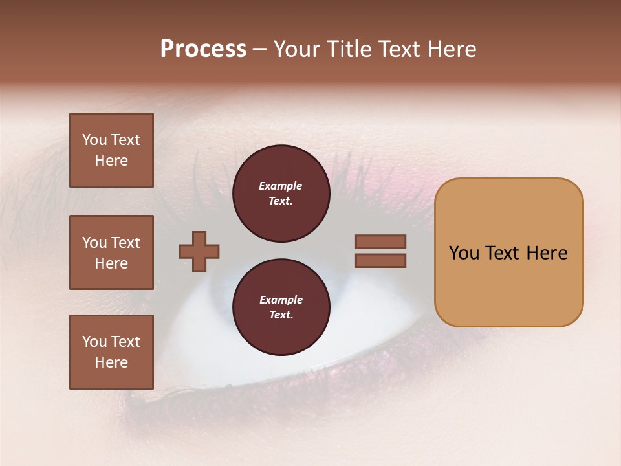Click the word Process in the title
(x=203, y=49)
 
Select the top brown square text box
(x=111, y=150)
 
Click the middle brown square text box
(x=111, y=252)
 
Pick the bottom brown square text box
(x=111, y=352)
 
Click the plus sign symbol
(x=199, y=251)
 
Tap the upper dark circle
(x=281, y=194)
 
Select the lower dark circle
(x=281, y=307)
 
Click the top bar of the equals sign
(x=380, y=242)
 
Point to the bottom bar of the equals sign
(x=380, y=261)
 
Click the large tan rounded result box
(x=508, y=252)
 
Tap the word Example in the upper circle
(x=281, y=186)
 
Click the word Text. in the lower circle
(x=281, y=315)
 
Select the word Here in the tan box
(x=547, y=253)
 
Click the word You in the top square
(x=94, y=140)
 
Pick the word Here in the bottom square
(x=111, y=362)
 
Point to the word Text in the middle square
(x=125, y=243)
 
